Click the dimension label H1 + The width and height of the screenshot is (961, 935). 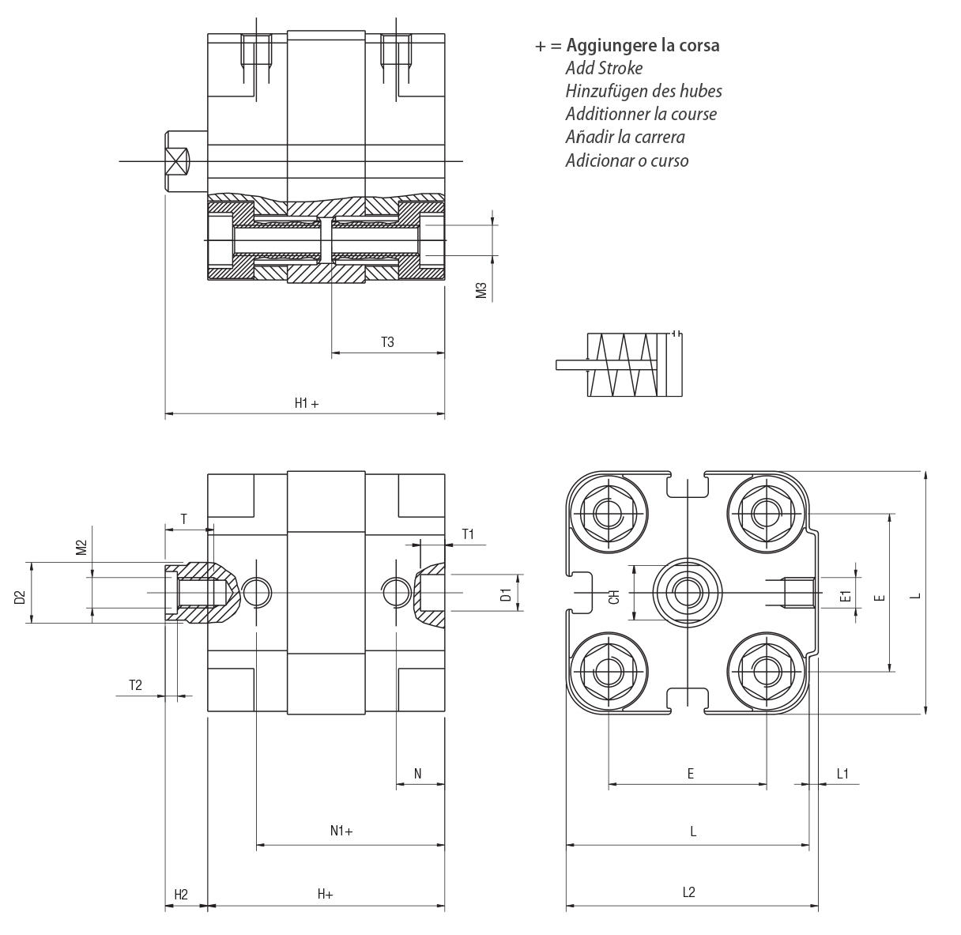(307, 403)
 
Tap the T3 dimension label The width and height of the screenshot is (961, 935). (388, 341)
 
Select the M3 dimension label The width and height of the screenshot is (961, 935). (481, 290)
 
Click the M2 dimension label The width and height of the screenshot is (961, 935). (81, 547)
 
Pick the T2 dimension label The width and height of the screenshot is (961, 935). (135, 685)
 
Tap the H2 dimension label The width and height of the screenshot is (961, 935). (181, 895)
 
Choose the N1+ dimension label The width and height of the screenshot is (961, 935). (341, 831)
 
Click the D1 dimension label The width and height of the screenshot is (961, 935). (506, 594)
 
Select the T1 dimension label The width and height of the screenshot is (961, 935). (468, 534)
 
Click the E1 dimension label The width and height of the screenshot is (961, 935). (846, 596)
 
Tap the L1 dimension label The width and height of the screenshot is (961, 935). (842, 774)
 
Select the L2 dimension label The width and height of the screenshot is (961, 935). (689, 892)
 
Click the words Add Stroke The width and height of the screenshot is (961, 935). (604, 68)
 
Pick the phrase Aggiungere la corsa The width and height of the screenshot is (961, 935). (643, 45)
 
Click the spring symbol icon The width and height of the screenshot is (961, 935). (620, 364)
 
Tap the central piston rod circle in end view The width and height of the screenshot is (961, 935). (688, 592)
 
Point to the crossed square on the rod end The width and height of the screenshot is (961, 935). (178, 161)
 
